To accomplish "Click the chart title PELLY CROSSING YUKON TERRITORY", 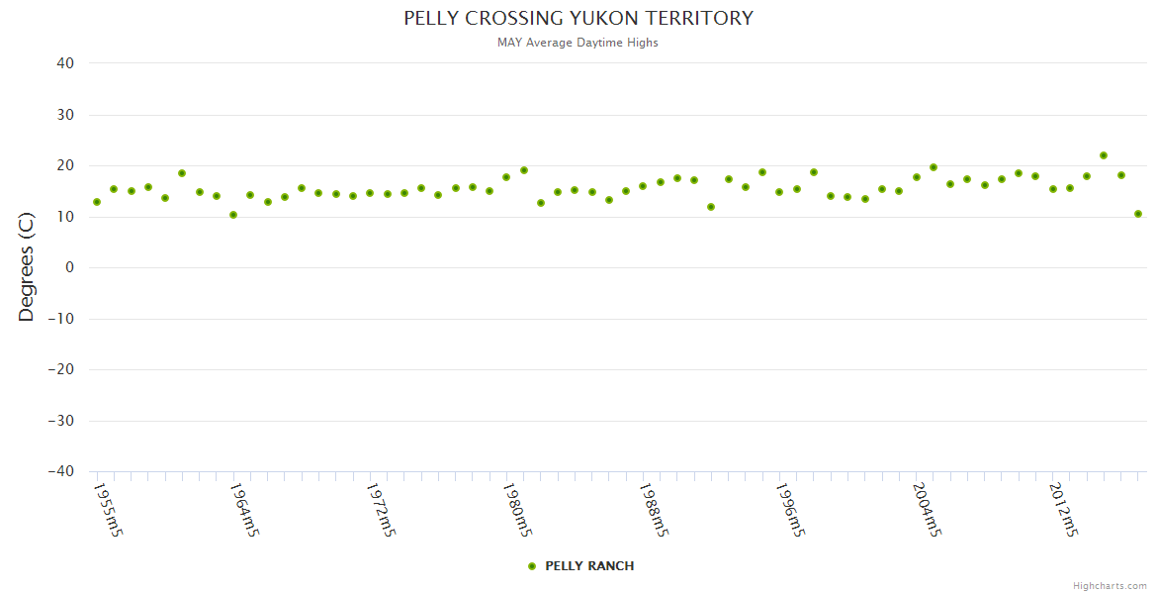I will click(x=578, y=19).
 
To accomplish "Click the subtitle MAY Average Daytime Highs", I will click(x=578, y=43).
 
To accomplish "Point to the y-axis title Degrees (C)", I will click(x=27, y=267).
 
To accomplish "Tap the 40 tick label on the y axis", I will click(x=65, y=63).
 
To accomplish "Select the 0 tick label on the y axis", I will click(x=70, y=267).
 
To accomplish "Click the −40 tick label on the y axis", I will click(x=60, y=471).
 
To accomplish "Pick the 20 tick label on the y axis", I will click(x=65, y=165).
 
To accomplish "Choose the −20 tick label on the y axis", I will click(x=60, y=369).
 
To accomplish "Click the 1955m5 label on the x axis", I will click(x=108, y=510).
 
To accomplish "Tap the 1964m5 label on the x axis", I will click(x=244, y=510).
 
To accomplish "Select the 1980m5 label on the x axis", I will click(x=517, y=510).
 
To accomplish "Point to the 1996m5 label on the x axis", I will click(x=790, y=510).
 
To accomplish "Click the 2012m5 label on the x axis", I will click(x=1063, y=510).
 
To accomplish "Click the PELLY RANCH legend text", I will click(x=589, y=566).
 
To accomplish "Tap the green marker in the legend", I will click(x=532, y=566).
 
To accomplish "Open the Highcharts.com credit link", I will click(x=1110, y=586).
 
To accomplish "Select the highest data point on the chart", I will click(x=1104, y=155).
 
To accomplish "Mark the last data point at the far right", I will click(x=1138, y=214).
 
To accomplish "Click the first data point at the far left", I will click(x=97, y=202).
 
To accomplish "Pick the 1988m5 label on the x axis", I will click(x=654, y=510).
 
